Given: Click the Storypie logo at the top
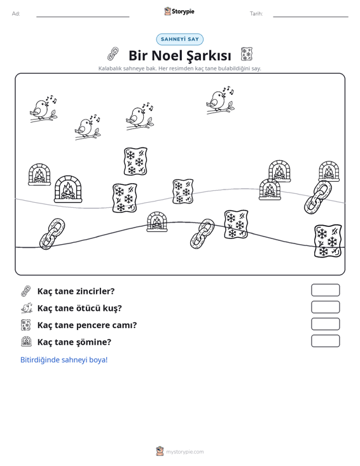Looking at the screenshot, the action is click(179, 11).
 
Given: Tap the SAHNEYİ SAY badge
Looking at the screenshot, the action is click(180, 39).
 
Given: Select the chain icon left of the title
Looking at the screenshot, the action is click(113, 54).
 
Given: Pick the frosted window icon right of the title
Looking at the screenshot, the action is click(246, 54).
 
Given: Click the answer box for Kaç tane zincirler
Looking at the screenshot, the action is click(325, 290).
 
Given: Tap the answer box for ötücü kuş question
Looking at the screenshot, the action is click(325, 307).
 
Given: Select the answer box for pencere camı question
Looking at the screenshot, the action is click(325, 324).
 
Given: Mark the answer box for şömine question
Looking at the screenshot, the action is click(325, 341).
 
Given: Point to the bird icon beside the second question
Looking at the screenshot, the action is click(27, 308).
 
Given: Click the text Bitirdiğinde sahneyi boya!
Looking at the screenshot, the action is click(64, 360).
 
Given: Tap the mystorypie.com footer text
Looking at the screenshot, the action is click(185, 452).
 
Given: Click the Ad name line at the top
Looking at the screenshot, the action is click(83, 17).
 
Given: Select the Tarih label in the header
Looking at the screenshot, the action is click(256, 14).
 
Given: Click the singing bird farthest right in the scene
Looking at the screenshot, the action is click(220, 100).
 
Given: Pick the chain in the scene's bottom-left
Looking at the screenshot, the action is click(52, 234).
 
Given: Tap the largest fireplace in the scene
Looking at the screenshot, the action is click(68, 189).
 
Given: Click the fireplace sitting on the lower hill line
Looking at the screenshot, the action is click(157, 222).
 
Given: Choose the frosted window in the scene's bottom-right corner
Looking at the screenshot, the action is click(328, 241).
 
